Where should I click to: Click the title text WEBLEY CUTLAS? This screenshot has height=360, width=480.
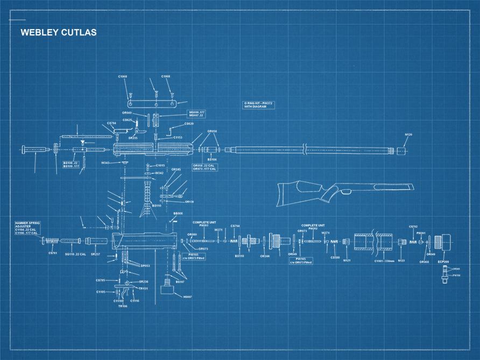(x=59, y=33)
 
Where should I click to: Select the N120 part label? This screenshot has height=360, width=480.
(x=408, y=135)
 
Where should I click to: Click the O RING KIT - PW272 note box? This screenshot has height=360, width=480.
(x=259, y=105)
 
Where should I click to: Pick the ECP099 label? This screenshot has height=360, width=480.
(x=444, y=262)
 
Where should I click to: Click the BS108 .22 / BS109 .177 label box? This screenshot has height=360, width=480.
(x=71, y=164)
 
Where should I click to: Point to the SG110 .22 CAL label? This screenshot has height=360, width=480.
(x=75, y=254)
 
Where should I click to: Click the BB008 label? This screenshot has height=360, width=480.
(x=178, y=214)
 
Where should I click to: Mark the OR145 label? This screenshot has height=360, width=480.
(x=176, y=170)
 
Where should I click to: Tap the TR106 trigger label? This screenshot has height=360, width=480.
(x=123, y=306)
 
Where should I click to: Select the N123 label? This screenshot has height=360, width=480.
(x=401, y=260)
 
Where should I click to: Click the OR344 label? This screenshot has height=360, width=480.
(x=265, y=256)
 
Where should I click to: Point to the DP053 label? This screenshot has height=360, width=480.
(x=145, y=266)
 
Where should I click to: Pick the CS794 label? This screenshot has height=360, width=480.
(x=235, y=226)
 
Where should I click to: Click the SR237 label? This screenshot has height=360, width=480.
(x=95, y=254)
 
